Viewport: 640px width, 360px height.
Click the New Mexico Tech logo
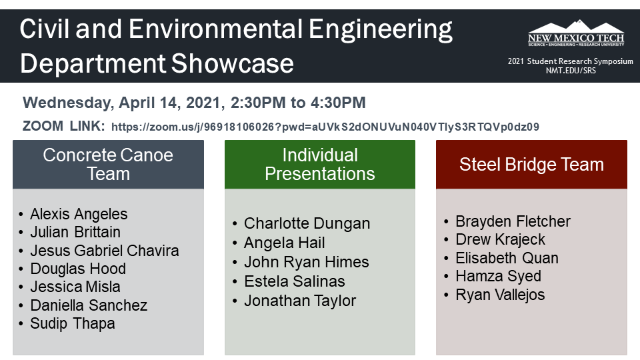click(x=576, y=34)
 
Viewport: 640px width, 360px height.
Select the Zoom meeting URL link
click(x=325, y=127)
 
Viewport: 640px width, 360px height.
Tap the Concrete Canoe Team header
click(x=108, y=165)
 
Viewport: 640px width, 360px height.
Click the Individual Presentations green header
click(x=319, y=165)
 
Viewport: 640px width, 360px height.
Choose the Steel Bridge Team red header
click(x=531, y=165)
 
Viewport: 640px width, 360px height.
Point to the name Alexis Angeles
click(x=79, y=214)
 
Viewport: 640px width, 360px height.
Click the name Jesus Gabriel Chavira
click(x=104, y=251)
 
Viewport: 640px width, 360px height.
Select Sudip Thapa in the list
click(x=72, y=323)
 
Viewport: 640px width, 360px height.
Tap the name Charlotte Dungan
click(x=307, y=223)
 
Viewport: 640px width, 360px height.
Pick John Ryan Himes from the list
click(x=306, y=262)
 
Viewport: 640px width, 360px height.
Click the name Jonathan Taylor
click(x=300, y=301)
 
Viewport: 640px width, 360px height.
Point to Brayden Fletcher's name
click(x=513, y=221)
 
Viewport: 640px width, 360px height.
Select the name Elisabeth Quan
click(x=507, y=258)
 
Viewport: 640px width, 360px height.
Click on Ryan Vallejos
click(x=500, y=295)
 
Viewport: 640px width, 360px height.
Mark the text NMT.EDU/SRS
click(x=571, y=71)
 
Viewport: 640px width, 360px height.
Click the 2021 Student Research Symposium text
click(x=570, y=61)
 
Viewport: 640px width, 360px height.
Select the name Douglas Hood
click(x=78, y=269)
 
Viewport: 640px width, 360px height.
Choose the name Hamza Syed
click(x=498, y=276)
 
